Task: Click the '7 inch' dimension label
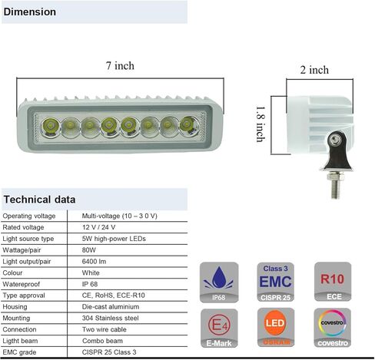coord(120,66)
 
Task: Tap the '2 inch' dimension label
coord(314,70)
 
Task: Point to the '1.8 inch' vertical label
coord(261,124)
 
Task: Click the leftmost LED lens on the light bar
coord(51,127)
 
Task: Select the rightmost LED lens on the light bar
coord(189,126)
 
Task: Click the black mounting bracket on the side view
coord(337,151)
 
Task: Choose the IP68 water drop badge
coord(219,282)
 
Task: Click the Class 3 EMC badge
coord(276,282)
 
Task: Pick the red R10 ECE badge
coord(333,282)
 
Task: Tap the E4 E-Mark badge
coord(219,329)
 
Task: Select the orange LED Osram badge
coord(276,328)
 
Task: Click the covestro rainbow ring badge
coord(333,328)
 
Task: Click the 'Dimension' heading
coord(30,12)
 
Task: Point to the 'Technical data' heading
coord(39,200)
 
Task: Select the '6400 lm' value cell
coord(94,262)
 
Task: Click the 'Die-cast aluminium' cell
coord(111,307)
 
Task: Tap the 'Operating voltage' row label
coord(29,216)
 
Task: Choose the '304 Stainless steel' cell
coord(110,318)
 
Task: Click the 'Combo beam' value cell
coord(102,341)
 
